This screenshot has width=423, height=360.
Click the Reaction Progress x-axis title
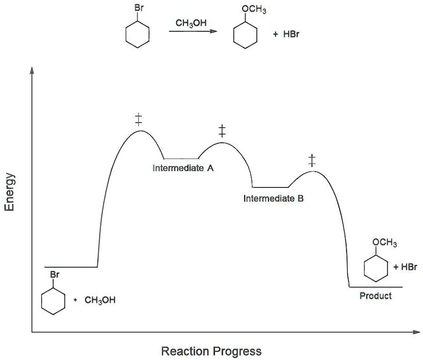point(211,351)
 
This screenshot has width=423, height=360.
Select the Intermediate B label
point(274,198)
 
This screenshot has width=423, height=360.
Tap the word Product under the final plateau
point(375,296)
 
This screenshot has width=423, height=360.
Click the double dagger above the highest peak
point(138,119)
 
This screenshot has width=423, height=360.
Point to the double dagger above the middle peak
point(221,131)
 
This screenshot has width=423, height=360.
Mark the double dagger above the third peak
point(312,161)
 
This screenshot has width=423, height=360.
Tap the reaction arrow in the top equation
point(193,32)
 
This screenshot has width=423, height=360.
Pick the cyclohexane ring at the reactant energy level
point(53,302)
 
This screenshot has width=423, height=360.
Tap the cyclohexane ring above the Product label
point(376,269)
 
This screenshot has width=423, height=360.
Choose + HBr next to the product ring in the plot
point(406,267)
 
